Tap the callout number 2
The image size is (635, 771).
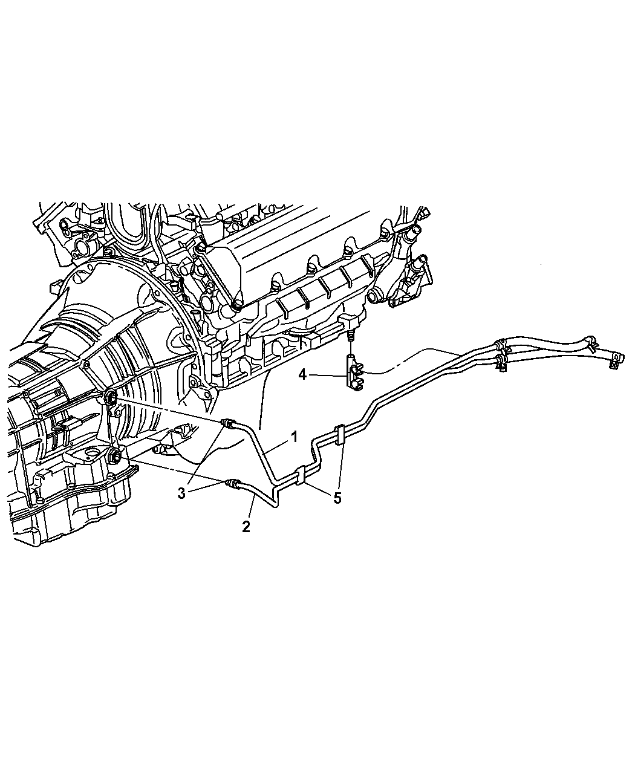(246, 527)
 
